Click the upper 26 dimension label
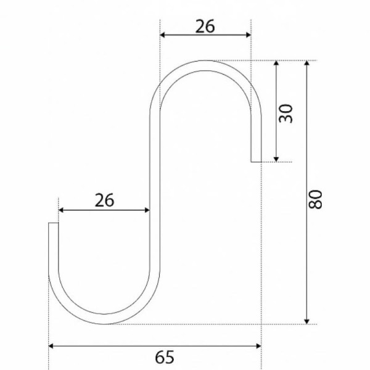(205, 26)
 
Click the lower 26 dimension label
(104, 200)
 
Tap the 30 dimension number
(286, 113)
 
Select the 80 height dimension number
(315, 200)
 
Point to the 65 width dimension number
(165, 357)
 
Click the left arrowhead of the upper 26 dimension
(162, 35)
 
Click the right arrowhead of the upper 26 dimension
(249, 35)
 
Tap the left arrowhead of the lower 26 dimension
(61, 210)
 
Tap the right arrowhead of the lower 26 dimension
(147, 210)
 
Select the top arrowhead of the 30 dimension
(276, 63)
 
